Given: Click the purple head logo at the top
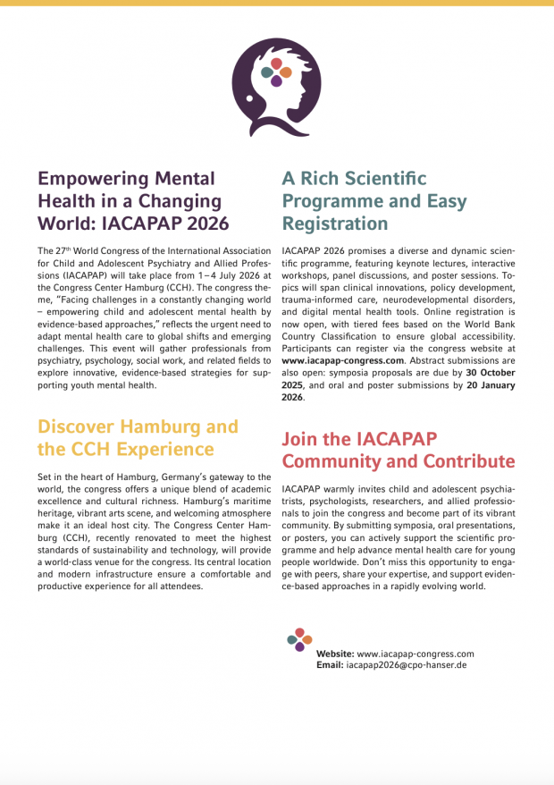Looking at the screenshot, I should (x=276, y=87).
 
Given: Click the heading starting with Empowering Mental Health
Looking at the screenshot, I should (x=133, y=200).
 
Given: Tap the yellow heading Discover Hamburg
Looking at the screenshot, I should (x=138, y=437).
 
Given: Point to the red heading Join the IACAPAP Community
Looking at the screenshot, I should (x=399, y=450).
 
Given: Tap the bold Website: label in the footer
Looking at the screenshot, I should (x=335, y=654).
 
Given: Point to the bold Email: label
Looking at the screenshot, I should (x=330, y=666).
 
